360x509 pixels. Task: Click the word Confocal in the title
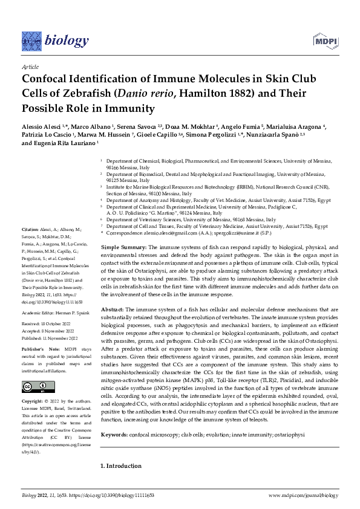pyautogui.click(x=51, y=78)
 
